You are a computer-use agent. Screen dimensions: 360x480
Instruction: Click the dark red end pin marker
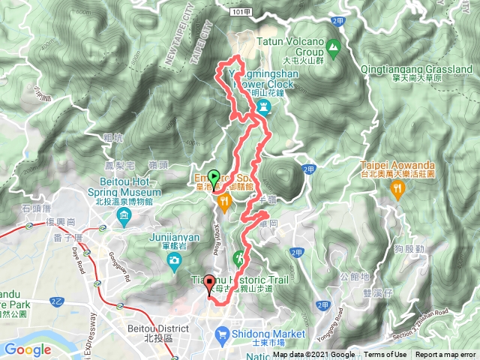point(208,283)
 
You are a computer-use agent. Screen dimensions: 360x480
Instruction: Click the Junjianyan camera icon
point(175,261)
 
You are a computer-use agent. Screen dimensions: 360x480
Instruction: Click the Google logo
point(28,349)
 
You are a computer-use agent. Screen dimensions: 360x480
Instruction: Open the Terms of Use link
point(385,355)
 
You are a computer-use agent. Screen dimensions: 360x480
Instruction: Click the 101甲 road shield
point(240,13)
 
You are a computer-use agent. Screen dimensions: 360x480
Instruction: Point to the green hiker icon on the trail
point(239,257)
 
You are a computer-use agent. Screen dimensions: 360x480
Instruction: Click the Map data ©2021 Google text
point(314,355)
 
